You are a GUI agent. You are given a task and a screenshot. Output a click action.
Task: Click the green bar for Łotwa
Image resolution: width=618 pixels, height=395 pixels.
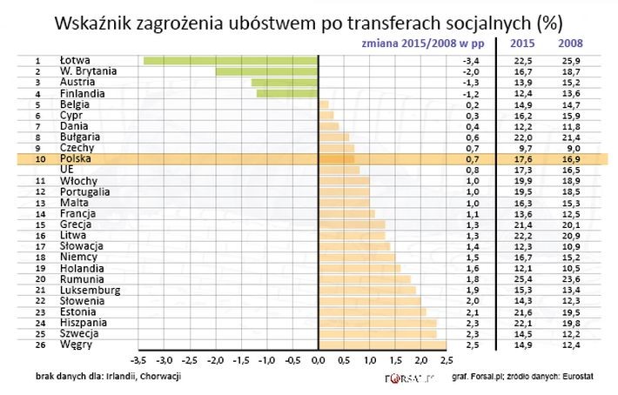click(x=231, y=60)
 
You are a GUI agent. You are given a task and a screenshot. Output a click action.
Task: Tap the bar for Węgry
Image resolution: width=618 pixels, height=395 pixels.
click(x=382, y=345)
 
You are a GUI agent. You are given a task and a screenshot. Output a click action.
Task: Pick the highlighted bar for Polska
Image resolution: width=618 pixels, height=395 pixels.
click(x=337, y=159)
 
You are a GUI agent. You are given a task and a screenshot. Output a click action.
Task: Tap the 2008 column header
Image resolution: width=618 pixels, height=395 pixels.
click(x=570, y=43)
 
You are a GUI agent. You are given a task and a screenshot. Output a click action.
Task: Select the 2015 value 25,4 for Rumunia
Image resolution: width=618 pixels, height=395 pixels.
click(x=524, y=279)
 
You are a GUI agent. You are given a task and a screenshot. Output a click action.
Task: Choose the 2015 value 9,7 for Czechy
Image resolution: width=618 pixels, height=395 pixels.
click(x=526, y=148)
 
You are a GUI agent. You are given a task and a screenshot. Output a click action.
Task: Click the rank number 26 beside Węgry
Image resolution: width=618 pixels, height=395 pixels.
click(x=38, y=345)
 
